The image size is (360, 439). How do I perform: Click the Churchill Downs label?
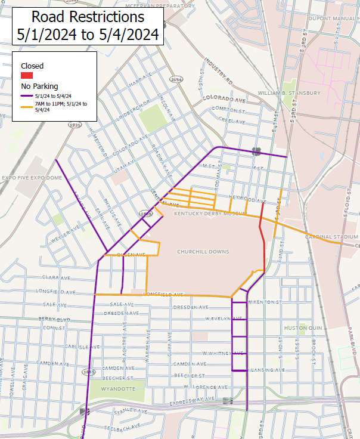pyautogui.click(x=203, y=252)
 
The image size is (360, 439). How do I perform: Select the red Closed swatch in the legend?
pyautogui.click(x=27, y=76)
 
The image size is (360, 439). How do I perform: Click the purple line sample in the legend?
pyautogui.click(x=27, y=95)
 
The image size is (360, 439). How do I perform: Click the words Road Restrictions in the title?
pyautogui.click(x=88, y=16)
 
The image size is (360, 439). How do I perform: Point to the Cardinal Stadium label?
pyautogui.click(x=331, y=237)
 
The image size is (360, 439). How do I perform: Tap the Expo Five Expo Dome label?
pyautogui.click(x=32, y=178)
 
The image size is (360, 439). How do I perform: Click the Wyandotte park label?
pyautogui.click(x=119, y=389)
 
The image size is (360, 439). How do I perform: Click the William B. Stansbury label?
pyautogui.click(x=289, y=93)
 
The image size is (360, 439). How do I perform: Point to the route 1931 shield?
pyautogui.click(x=75, y=125)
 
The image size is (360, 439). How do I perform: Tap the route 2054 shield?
pyautogui.click(x=176, y=79)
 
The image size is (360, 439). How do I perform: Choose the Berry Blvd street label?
pyautogui.click(x=55, y=319)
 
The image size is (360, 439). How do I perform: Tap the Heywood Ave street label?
pyautogui.click(x=247, y=199)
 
